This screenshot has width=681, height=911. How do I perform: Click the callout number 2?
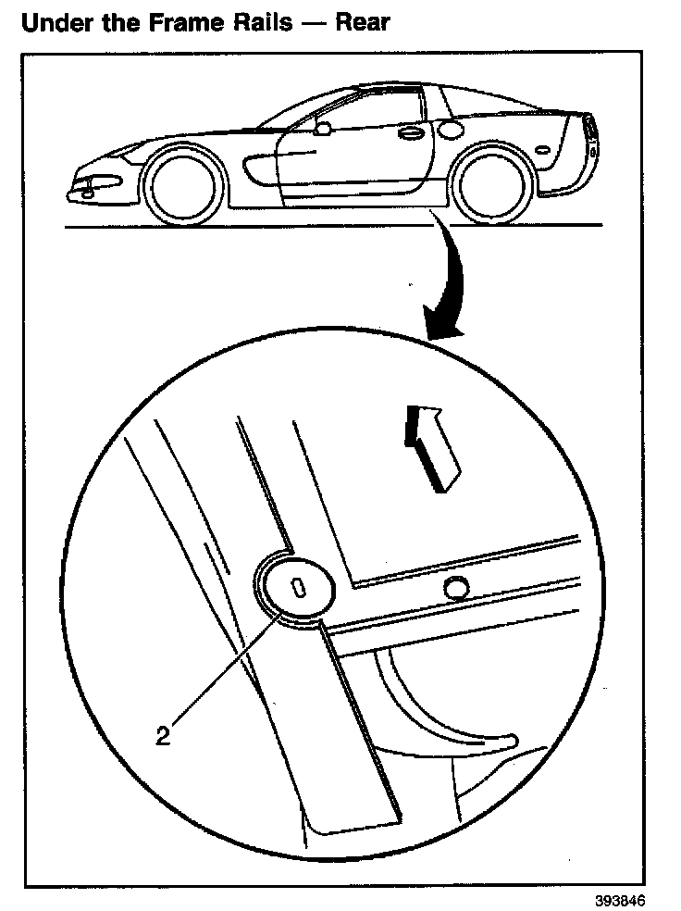pyautogui.click(x=163, y=737)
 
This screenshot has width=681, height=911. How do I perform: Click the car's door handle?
pyautogui.click(x=406, y=134)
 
